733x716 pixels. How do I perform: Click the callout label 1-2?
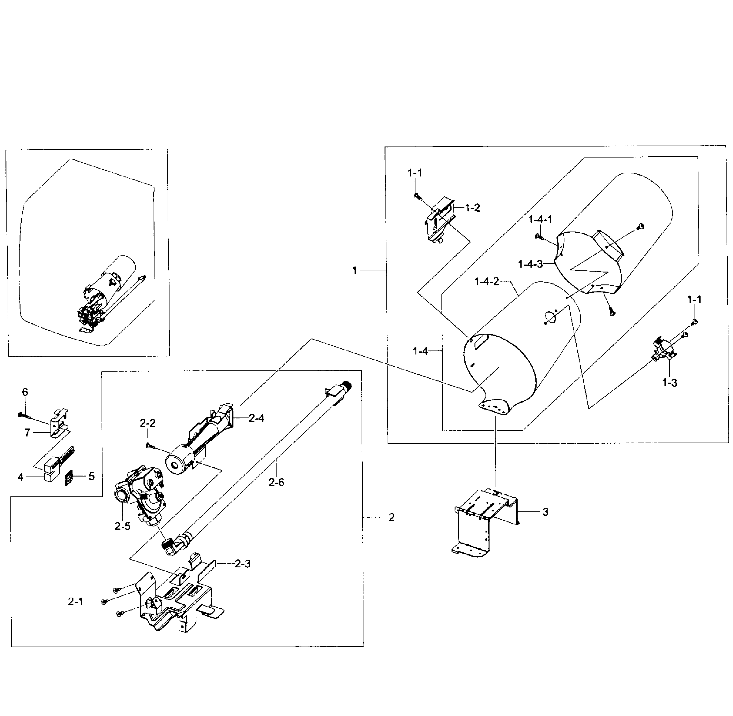[x=472, y=208]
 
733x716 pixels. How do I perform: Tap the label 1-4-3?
[x=530, y=264]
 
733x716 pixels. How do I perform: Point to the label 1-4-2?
[x=486, y=281]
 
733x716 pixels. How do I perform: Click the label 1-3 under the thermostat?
[x=669, y=383]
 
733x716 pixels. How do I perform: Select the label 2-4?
[x=256, y=418]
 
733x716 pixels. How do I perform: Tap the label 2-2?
[x=147, y=423]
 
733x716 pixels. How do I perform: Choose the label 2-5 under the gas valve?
[x=123, y=526]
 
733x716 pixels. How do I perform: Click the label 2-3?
[x=242, y=564]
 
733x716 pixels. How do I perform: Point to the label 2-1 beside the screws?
[x=75, y=601]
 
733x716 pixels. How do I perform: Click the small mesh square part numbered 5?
[x=69, y=477]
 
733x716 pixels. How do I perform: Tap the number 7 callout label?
[x=28, y=433]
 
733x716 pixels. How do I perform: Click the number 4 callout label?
[x=21, y=477]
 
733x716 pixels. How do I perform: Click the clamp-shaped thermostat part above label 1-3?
[x=662, y=348]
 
